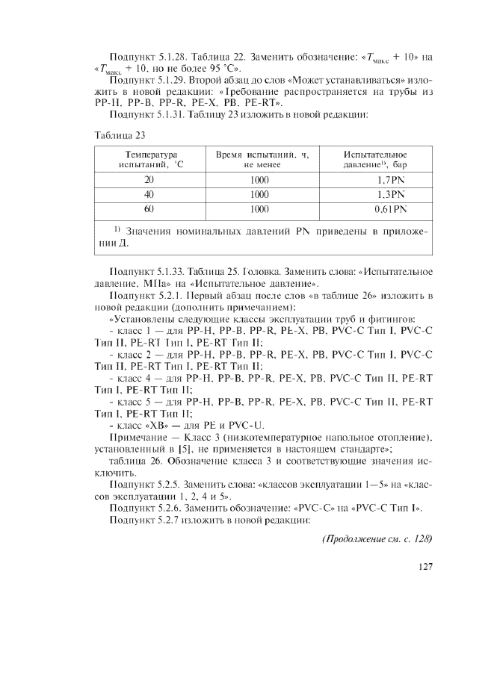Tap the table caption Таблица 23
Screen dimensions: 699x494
point(120,135)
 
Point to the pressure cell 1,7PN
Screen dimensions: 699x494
point(389,180)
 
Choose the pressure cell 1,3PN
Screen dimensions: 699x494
point(389,194)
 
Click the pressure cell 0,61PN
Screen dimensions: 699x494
point(389,209)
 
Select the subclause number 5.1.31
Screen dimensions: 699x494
point(168,114)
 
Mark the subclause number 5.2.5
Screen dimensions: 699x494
point(166,485)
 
